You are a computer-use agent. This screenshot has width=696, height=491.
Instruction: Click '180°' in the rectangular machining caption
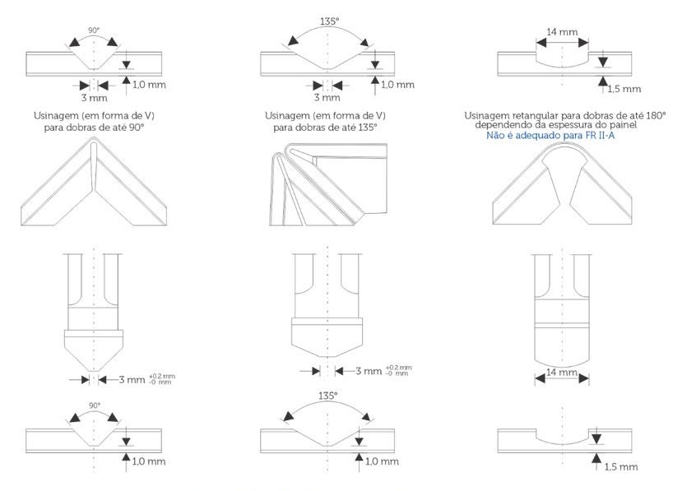655,115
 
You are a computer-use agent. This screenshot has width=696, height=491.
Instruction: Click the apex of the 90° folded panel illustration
95,145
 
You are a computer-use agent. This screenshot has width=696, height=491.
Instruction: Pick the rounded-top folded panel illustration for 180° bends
562,186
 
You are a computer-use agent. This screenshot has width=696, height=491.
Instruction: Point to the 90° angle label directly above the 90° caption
95,30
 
